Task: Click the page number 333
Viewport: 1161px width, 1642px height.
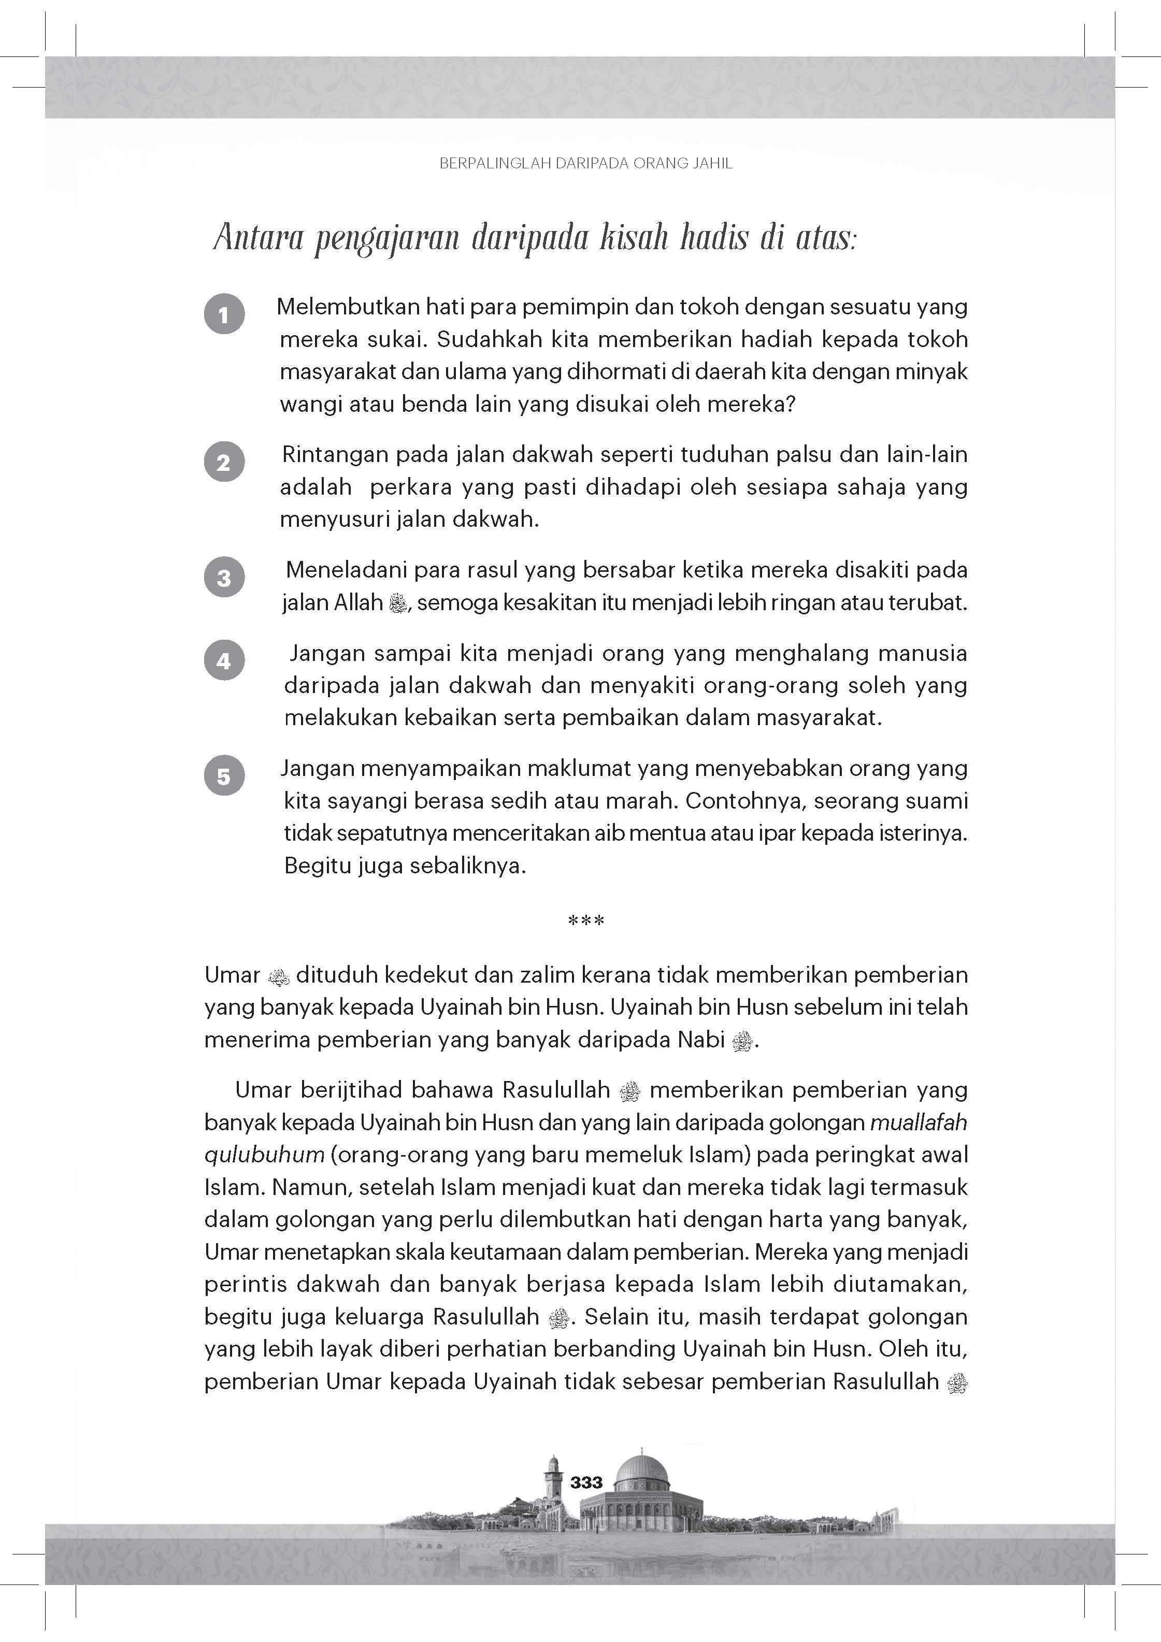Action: tap(586, 1482)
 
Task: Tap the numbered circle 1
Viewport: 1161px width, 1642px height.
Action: tap(224, 314)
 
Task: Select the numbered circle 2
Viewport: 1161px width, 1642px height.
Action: tap(224, 462)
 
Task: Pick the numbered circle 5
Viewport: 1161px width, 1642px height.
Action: tap(224, 776)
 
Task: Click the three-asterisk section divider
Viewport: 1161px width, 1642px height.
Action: tap(586, 921)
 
